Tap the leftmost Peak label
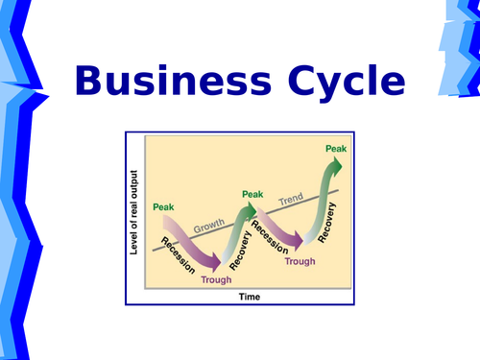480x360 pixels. (x=163, y=206)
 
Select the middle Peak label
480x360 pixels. (x=252, y=194)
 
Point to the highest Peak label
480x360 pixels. (x=336, y=148)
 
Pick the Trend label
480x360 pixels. (x=291, y=201)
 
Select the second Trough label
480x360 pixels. (x=300, y=261)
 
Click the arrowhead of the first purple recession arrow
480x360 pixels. (x=216, y=260)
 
